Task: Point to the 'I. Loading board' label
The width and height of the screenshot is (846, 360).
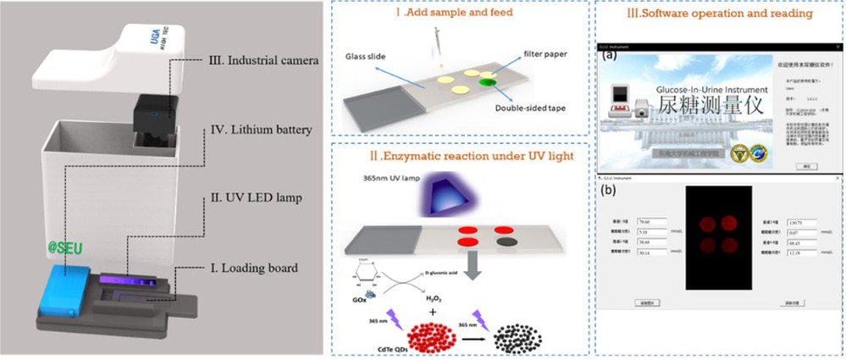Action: [x=253, y=269]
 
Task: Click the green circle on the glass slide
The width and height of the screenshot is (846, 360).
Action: [x=489, y=82]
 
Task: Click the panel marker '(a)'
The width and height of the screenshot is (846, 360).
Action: [x=609, y=56]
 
